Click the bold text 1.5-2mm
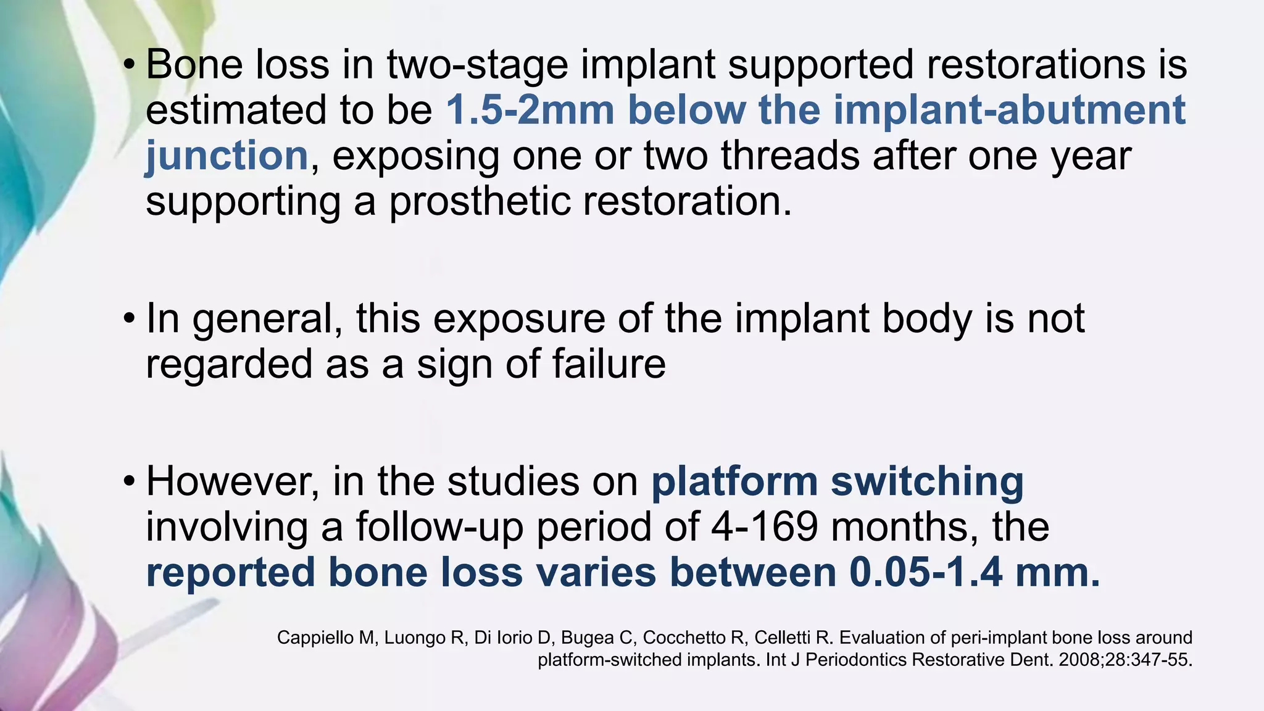tap(530, 110)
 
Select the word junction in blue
tap(227, 156)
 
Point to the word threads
tap(790, 156)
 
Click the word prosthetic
tap(480, 201)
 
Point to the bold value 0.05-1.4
tap(926, 573)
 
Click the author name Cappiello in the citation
tap(314, 638)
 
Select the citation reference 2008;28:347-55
tap(1125, 660)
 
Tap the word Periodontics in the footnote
tap(856, 660)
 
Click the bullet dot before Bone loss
tap(128, 64)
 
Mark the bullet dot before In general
tap(128, 319)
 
